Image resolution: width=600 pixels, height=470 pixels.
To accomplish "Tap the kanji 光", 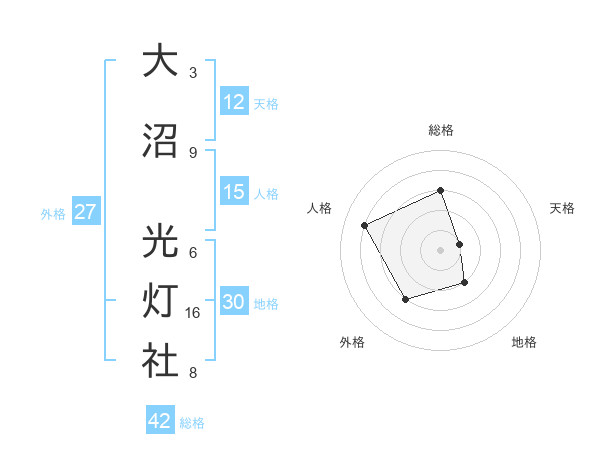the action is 160,240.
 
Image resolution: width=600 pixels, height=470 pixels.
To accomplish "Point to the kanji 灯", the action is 160,301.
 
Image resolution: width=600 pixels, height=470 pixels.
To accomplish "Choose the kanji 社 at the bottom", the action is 160,361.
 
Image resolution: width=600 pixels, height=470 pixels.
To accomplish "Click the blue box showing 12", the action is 234,102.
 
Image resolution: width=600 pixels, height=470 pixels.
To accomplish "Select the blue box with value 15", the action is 234,192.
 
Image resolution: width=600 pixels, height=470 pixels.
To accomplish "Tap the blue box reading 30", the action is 234,303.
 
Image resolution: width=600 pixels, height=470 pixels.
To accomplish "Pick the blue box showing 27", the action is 85,212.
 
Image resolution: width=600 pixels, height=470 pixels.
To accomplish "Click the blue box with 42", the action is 160,421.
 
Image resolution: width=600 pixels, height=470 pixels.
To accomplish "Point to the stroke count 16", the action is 195,313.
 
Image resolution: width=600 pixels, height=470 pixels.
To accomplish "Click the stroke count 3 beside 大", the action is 193,72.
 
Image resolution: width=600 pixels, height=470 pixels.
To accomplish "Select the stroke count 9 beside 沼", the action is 193,152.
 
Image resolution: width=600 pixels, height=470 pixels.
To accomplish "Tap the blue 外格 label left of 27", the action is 53,213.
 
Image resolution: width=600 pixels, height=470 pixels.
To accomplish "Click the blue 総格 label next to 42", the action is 192,422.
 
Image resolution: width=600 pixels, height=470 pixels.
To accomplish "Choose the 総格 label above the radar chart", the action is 441,130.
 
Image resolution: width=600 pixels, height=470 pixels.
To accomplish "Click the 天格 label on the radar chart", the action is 562,208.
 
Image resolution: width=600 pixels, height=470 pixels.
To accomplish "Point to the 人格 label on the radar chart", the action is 320,208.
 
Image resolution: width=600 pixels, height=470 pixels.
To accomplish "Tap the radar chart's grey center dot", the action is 441,249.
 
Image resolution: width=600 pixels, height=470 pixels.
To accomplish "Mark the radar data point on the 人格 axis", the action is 365,225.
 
